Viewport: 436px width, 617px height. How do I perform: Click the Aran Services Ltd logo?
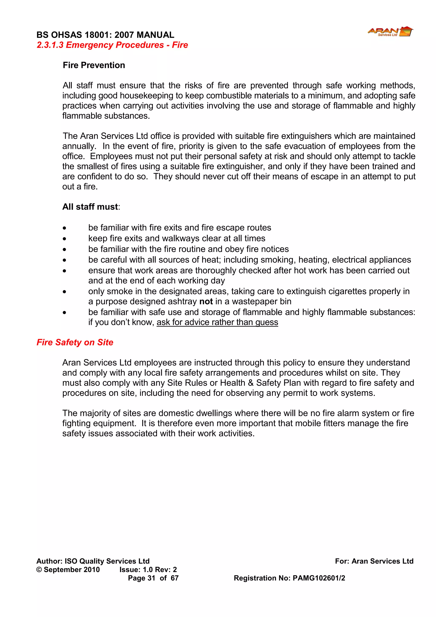tap(390, 32)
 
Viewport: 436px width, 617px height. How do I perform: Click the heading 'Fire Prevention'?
tap(94, 65)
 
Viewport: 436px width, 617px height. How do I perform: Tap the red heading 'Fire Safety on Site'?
tap(75, 342)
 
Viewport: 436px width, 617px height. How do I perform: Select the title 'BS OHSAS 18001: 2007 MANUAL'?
tap(105, 35)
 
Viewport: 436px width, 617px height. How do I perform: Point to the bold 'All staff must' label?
tap(90, 207)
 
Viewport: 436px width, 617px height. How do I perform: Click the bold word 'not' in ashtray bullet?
tap(206, 302)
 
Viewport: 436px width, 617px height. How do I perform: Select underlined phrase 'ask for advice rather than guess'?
tap(217, 322)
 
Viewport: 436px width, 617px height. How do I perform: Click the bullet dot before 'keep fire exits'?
tap(65, 239)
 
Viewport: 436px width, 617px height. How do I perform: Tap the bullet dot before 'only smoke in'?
tap(65, 292)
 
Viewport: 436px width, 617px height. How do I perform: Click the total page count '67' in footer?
tap(175, 578)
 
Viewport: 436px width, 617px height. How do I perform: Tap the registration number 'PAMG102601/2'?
tap(319, 578)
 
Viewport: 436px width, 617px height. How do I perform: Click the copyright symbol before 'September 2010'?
tap(39, 570)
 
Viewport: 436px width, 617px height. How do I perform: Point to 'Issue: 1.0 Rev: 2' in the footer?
tap(148, 570)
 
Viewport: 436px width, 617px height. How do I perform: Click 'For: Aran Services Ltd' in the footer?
tap(374, 561)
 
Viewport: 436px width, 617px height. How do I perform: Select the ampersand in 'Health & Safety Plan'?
tap(251, 383)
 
